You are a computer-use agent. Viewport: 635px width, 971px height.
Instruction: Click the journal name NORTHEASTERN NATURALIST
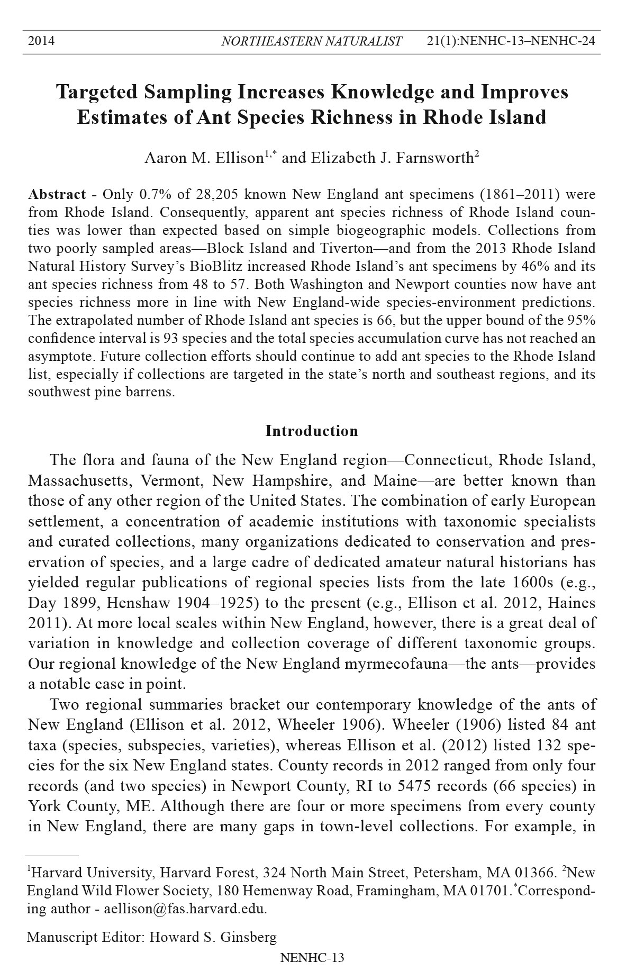pyautogui.click(x=311, y=41)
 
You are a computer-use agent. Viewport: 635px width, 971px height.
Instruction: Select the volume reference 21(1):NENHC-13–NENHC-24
pyautogui.click(x=511, y=41)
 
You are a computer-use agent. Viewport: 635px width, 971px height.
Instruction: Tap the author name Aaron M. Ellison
pyautogui.click(x=204, y=158)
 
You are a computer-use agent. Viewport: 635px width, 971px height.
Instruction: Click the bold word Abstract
pyautogui.click(x=57, y=194)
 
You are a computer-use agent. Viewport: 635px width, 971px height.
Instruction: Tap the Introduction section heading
pyautogui.click(x=312, y=431)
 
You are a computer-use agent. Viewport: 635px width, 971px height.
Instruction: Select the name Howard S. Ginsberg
pyautogui.click(x=213, y=938)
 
